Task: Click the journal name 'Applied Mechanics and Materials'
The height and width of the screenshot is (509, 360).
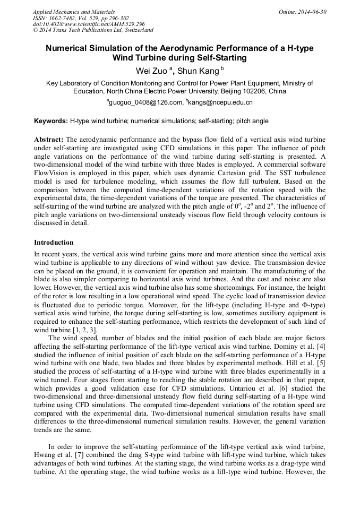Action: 73,12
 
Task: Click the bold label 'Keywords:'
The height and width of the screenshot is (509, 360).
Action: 51,121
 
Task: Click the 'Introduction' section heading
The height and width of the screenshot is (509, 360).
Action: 54,243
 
